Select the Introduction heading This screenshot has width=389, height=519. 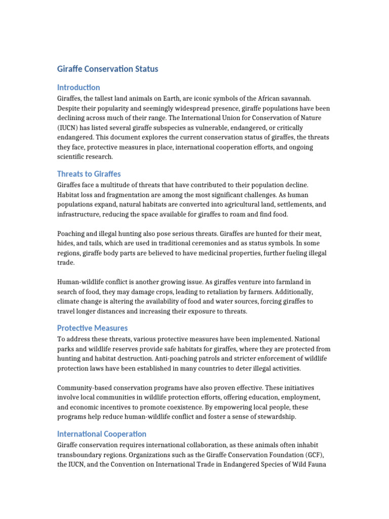tap(79, 87)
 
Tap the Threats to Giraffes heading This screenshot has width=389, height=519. tap(89, 174)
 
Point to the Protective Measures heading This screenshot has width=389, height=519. tap(92, 328)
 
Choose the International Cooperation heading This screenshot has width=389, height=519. tap(102, 434)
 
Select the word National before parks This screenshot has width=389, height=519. tap(306, 339)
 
